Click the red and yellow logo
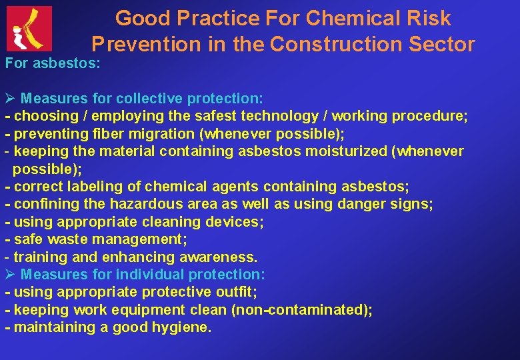[x=29, y=29]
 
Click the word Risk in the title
[x=427, y=18]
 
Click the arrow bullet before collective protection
[x=10, y=99]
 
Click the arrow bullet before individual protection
[x=10, y=274]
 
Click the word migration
[x=158, y=133]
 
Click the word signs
[x=414, y=203]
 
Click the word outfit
[x=235, y=292]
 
